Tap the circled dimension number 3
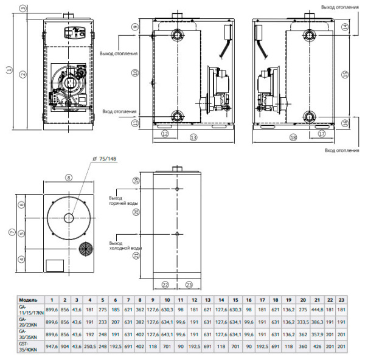click(22, 8)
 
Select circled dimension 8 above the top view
click(68, 178)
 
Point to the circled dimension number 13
click(193, 138)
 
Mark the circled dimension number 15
click(344, 74)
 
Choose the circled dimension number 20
click(137, 212)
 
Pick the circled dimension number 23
click(189, 284)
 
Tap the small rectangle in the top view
click(55, 265)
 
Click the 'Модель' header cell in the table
click(29, 300)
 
